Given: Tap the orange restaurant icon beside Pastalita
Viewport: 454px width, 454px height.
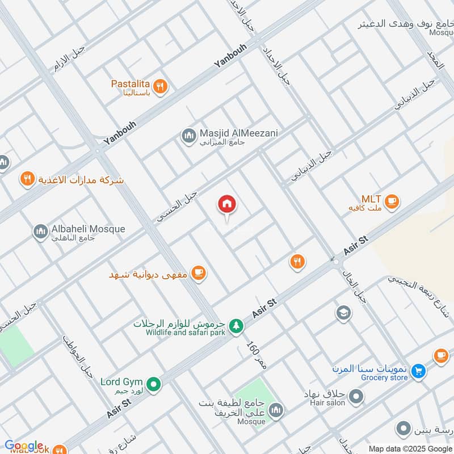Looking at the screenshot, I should coord(161,86).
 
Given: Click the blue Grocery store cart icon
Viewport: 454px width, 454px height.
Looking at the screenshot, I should coord(418,371).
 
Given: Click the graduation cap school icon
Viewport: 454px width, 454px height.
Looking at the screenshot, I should coord(343,313).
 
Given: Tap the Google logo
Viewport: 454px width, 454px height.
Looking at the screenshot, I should coord(24,446).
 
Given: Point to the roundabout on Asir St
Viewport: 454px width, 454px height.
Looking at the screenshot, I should coord(335,262).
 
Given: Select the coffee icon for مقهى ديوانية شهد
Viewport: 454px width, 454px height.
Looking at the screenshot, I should coord(197,273).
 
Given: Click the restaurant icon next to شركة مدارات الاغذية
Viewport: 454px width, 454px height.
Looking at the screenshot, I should coord(26,180).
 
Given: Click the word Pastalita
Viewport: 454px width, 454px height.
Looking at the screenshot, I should coord(130,83).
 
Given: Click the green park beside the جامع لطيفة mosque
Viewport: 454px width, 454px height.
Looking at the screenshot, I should coord(250,392).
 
